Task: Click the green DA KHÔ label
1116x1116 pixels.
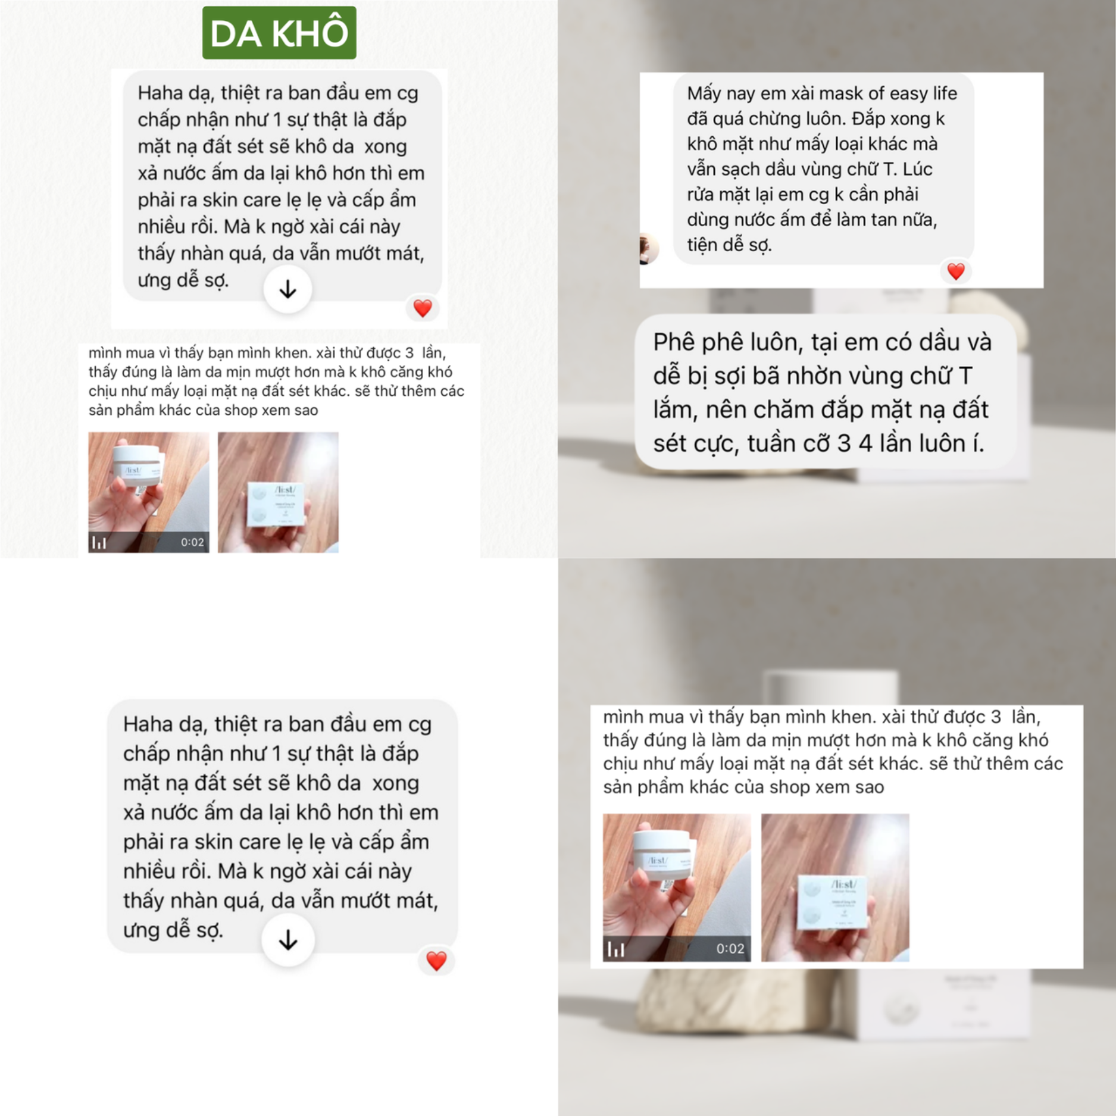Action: [x=279, y=33]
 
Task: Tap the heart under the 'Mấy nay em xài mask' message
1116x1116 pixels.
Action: [x=956, y=271]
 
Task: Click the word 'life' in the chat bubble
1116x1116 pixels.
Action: [x=945, y=93]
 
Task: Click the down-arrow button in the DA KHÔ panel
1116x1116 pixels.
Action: [x=288, y=290]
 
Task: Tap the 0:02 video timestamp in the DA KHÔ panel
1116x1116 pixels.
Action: [x=192, y=542]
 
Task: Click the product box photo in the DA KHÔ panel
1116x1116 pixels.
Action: [x=278, y=492]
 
